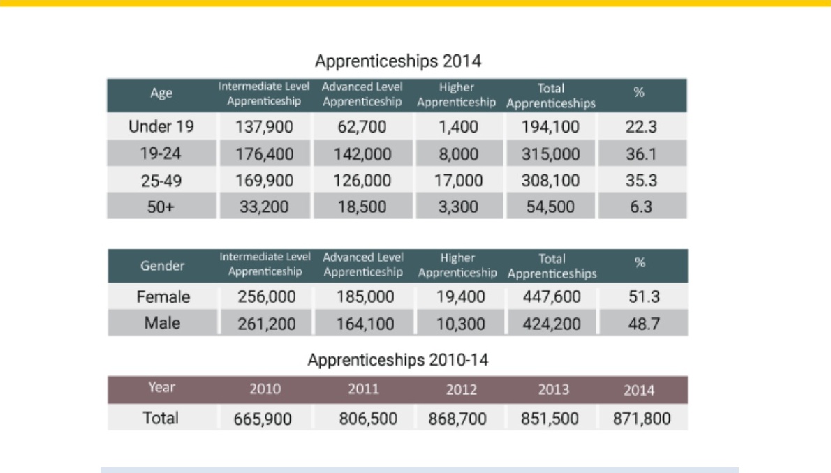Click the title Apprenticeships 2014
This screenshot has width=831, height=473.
(x=398, y=61)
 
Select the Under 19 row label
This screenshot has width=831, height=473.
(x=161, y=126)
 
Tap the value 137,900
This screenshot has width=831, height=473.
(x=264, y=127)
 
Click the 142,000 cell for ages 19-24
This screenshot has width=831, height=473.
(x=362, y=154)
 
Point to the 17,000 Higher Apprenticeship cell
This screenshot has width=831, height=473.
(x=458, y=181)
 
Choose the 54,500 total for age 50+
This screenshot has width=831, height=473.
(x=550, y=207)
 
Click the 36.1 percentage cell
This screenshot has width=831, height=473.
(x=641, y=154)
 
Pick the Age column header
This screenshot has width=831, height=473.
(x=161, y=93)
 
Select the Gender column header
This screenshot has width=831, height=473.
(x=162, y=265)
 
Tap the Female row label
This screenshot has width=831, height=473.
(x=163, y=296)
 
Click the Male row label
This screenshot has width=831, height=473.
(x=162, y=323)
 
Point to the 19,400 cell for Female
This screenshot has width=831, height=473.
(x=461, y=296)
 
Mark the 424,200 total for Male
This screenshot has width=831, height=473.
(x=552, y=324)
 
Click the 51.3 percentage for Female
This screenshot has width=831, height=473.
(x=644, y=296)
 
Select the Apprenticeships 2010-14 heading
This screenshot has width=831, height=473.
(x=398, y=360)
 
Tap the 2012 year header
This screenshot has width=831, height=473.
(x=461, y=390)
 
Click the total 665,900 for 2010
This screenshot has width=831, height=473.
(x=263, y=419)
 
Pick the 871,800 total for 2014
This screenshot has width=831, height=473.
(x=642, y=419)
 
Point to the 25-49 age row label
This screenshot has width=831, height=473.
(x=161, y=181)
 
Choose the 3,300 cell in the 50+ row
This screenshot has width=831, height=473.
(x=458, y=207)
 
